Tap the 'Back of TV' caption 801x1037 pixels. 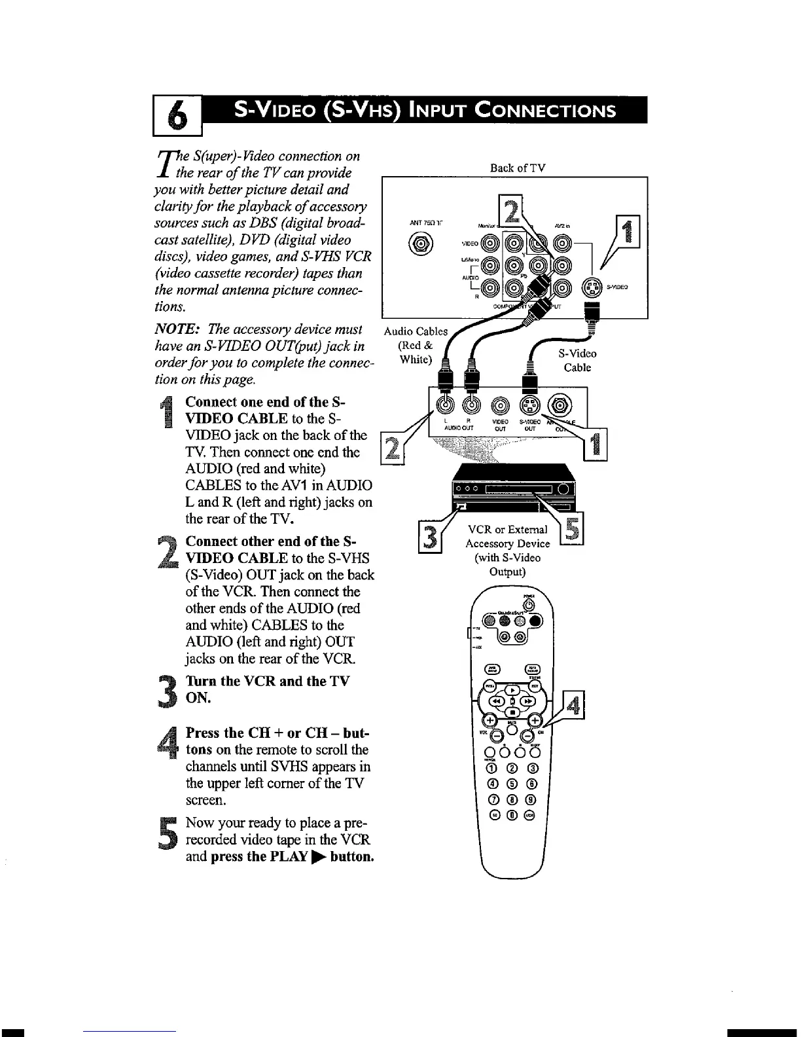(517, 168)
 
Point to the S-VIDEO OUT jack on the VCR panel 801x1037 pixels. (529, 405)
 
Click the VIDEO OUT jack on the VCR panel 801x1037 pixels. (499, 405)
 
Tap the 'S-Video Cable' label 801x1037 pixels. (577, 360)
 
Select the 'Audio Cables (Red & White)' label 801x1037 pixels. (416, 345)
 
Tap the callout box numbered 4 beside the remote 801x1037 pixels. (574, 707)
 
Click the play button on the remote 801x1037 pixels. (514, 689)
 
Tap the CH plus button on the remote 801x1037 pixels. (536, 720)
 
